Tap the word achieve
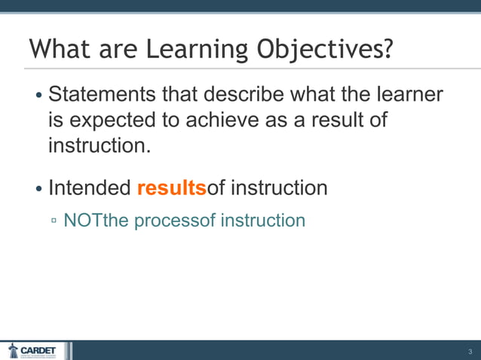coord(239,121)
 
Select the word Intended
coord(90,188)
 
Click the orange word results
coord(171,188)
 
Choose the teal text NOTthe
coord(97,221)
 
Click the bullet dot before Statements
coord(39,97)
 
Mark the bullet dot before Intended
coord(39,188)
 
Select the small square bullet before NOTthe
coord(54,221)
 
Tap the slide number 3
coord(469,352)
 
